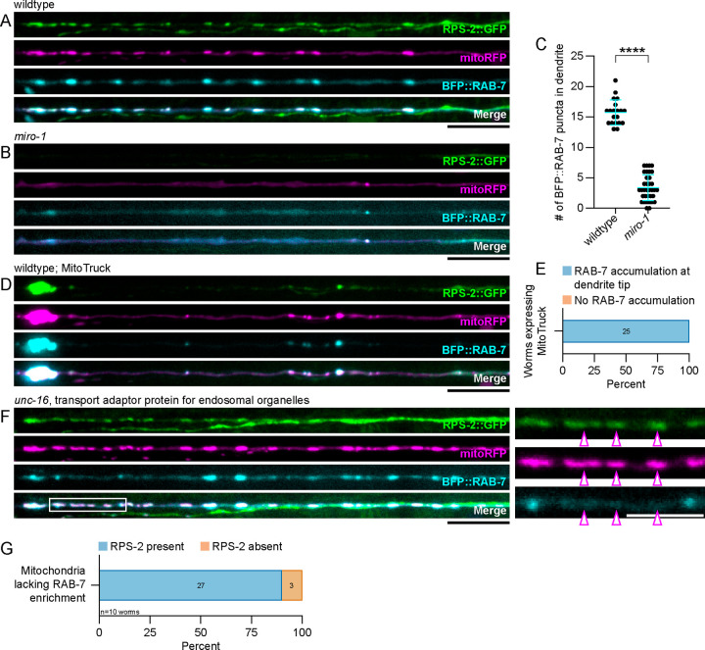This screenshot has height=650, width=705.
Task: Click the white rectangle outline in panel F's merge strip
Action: (x=88, y=505)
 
